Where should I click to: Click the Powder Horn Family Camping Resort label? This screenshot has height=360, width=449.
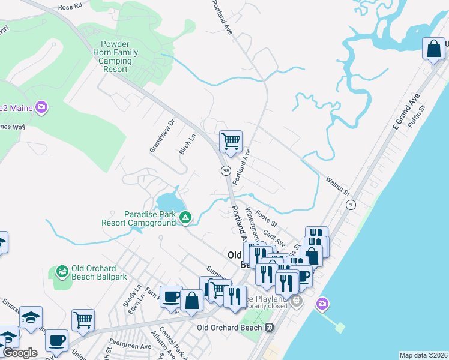click(x=119, y=57)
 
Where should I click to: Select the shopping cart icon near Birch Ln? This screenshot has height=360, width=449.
click(x=231, y=142)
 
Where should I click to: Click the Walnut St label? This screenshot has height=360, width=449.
click(x=337, y=186)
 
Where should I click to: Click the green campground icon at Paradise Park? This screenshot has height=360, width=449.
click(x=186, y=217)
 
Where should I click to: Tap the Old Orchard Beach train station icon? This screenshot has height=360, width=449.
click(x=270, y=328)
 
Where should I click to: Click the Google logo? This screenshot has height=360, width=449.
click(x=19, y=353)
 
